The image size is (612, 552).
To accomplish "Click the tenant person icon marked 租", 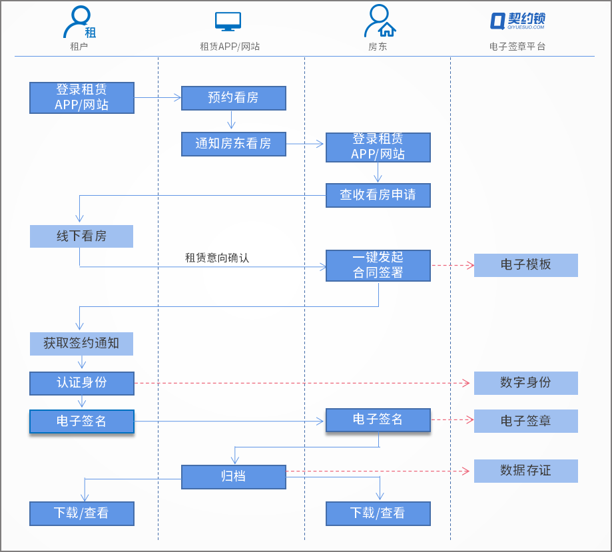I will tap(79, 23).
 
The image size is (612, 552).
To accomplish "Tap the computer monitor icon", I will tap(228, 22).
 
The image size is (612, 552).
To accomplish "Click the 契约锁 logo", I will tap(517, 21).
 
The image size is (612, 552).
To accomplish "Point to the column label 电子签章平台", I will tap(517, 47).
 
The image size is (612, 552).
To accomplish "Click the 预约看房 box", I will tap(233, 98).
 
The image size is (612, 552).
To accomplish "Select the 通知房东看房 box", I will tap(233, 144).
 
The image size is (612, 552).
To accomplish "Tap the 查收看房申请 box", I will tap(378, 195).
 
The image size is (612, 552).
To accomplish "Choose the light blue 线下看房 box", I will tap(81, 236).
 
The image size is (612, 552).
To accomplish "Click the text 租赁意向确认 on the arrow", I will tap(217, 258).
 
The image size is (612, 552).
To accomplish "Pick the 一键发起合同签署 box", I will tap(378, 265).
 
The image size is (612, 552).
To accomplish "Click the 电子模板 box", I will tap(525, 265).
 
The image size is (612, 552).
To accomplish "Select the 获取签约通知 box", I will tap(81, 344).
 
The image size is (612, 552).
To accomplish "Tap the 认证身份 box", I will tap(81, 383).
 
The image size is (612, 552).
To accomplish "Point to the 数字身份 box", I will tap(525, 383).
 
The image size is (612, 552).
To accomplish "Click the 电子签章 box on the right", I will tap(525, 421).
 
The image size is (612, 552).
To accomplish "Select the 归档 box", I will tap(233, 477).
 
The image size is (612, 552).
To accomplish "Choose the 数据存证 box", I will tap(525, 471).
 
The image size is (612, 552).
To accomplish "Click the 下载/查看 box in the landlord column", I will tap(378, 513).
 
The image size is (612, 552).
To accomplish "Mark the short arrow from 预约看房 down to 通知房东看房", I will tap(232, 121).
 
